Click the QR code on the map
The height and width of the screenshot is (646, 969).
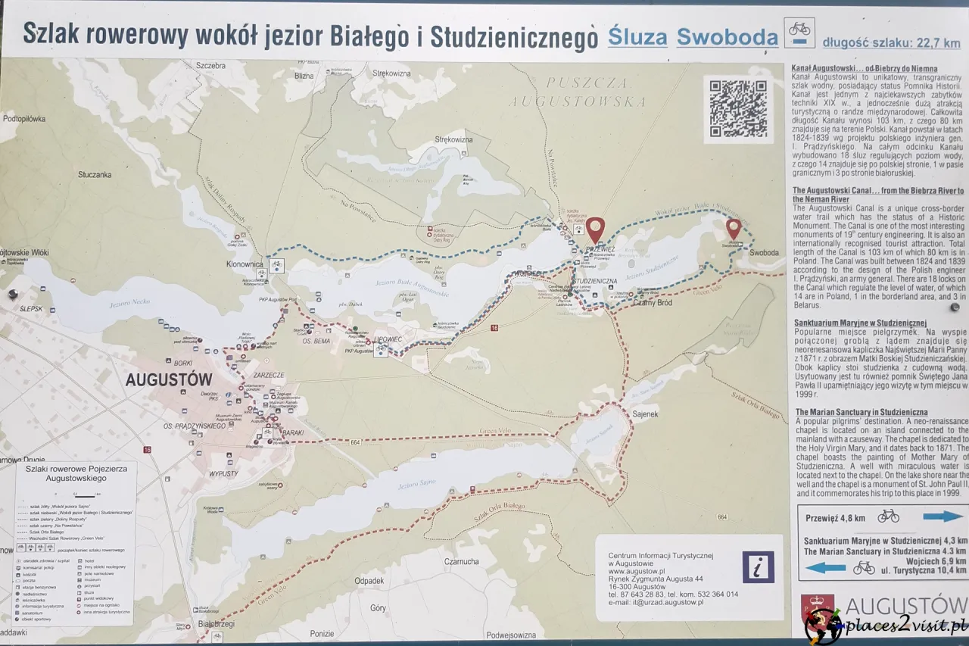coord(738,108)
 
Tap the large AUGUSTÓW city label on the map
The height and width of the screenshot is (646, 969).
coord(168,379)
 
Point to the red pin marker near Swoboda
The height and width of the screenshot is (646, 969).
coord(733,228)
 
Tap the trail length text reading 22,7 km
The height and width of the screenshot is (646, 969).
coord(893,43)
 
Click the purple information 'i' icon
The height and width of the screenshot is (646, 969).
coord(758,566)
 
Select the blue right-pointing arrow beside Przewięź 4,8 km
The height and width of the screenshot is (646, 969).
coord(943,516)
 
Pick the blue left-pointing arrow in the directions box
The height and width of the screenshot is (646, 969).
coord(825,567)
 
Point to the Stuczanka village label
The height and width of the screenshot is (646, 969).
coord(95,175)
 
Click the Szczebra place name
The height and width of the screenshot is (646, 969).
coord(211,65)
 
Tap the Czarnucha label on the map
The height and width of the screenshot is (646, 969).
coord(462,561)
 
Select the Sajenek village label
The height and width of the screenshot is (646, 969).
coord(644,415)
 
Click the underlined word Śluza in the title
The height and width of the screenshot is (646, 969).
coord(637,38)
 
